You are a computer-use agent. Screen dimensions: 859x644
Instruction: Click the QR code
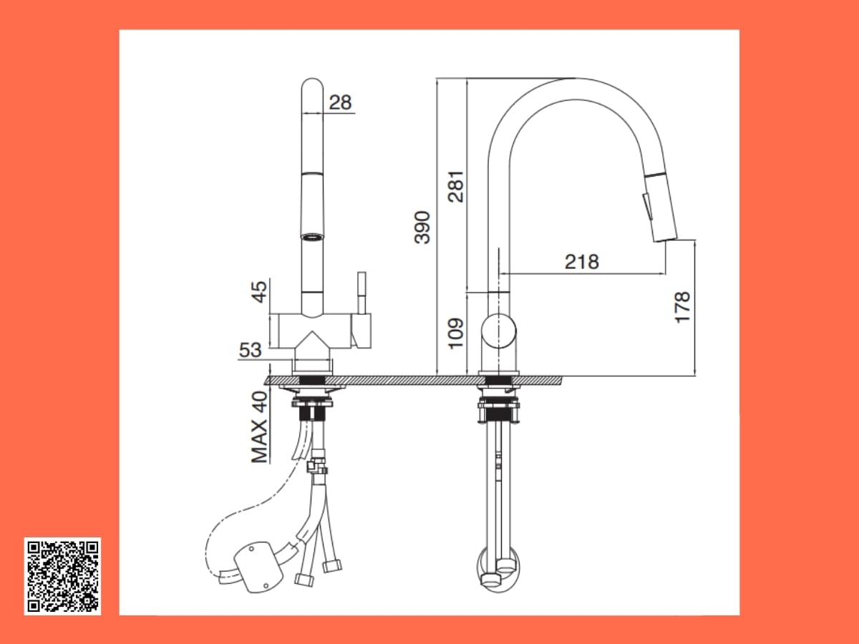pyautogui.click(x=62, y=576)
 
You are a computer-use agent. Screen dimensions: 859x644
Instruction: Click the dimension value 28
pyautogui.click(x=340, y=102)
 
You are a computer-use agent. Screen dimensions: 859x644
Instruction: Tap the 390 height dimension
pyautogui.click(x=422, y=227)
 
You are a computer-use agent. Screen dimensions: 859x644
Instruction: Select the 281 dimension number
pyautogui.click(x=455, y=186)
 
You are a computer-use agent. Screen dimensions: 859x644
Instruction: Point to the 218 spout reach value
pyautogui.click(x=581, y=262)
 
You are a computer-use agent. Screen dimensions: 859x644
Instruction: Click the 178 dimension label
pyautogui.click(x=682, y=307)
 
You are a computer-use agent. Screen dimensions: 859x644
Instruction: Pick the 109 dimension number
pyautogui.click(x=455, y=333)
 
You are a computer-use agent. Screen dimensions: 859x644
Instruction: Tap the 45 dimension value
pyautogui.click(x=258, y=291)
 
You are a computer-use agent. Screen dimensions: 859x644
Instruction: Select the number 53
pyautogui.click(x=250, y=350)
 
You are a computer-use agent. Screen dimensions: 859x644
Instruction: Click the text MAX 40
pyautogui.click(x=259, y=427)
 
